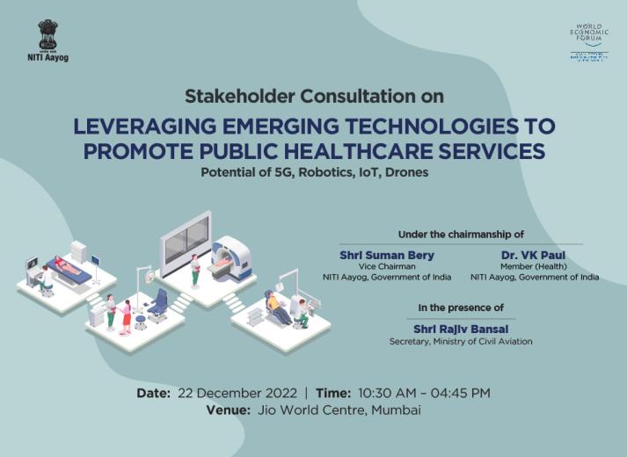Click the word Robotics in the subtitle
point(323,172)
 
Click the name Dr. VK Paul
point(534,255)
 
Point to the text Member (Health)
point(534,265)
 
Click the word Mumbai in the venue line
point(396,410)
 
